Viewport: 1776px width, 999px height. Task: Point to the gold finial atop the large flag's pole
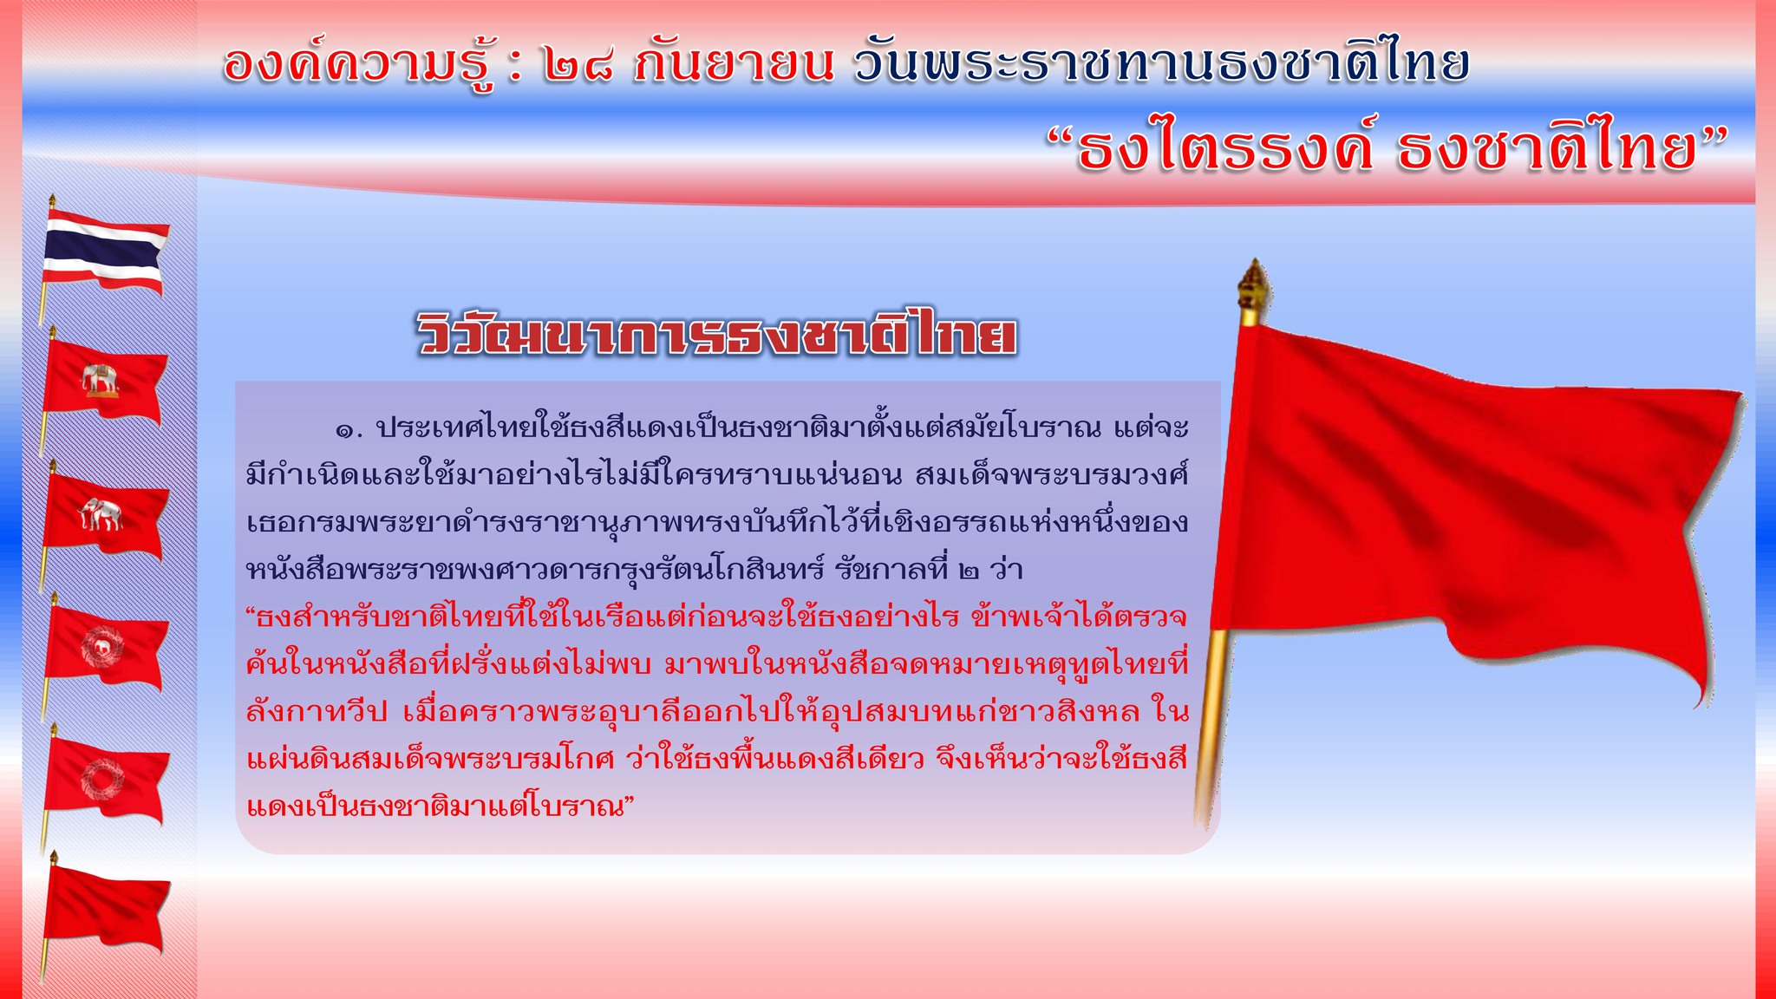pos(1252,291)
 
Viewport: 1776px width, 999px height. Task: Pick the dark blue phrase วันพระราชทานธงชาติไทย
pos(1161,63)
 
